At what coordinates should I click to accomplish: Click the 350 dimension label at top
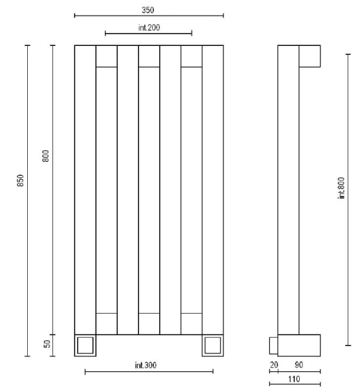tap(148, 10)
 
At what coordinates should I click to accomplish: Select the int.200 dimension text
tap(149, 27)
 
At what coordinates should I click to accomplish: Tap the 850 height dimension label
tap(20, 180)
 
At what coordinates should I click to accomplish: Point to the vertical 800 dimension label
tap(46, 156)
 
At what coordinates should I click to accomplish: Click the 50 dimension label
tap(47, 344)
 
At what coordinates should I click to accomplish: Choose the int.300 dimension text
tap(146, 365)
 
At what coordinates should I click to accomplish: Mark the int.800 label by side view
tap(341, 188)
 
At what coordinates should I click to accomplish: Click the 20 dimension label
tap(274, 365)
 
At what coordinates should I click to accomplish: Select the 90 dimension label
tap(298, 365)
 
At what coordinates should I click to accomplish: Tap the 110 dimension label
tap(294, 379)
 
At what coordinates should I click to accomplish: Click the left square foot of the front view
tap(85, 345)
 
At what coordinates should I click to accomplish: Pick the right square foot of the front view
tap(213, 345)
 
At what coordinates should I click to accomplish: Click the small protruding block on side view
tap(273, 345)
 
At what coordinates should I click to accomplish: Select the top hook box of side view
tap(309, 56)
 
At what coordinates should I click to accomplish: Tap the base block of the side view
tap(299, 345)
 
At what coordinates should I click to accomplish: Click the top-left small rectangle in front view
tap(107, 56)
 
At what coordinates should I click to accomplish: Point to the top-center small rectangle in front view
tap(149, 56)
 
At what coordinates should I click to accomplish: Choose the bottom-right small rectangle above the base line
tap(192, 324)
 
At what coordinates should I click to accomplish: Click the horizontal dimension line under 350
tap(149, 16)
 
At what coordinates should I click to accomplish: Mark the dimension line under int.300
tap(149, 371)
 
